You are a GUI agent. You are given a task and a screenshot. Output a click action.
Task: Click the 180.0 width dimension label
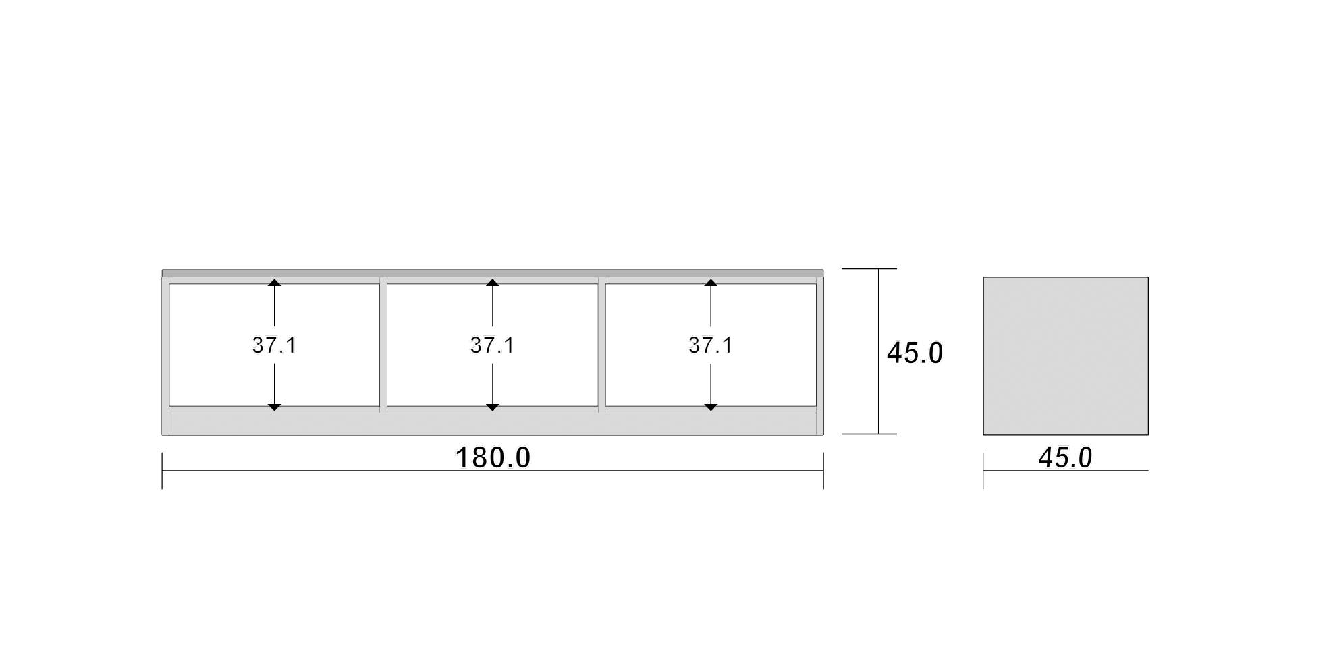(493, 457)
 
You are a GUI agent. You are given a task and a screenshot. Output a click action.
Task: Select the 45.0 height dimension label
(915, 353)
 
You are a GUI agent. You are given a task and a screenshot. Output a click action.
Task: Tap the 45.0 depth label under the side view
(1065, 458)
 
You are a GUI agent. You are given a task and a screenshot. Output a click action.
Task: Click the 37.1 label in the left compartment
(274, 345)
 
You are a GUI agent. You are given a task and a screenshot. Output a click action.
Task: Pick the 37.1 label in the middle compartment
(492, 345)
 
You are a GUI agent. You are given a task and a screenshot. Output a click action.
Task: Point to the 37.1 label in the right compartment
(710, 345)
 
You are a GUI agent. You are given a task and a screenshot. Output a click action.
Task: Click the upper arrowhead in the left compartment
(274, 283)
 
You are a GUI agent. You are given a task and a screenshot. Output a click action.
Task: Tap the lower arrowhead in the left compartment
(274, 407)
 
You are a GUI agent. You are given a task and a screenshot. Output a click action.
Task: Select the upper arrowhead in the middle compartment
(492, 283)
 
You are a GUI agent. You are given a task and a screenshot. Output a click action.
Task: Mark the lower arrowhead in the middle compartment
(492, 407)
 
